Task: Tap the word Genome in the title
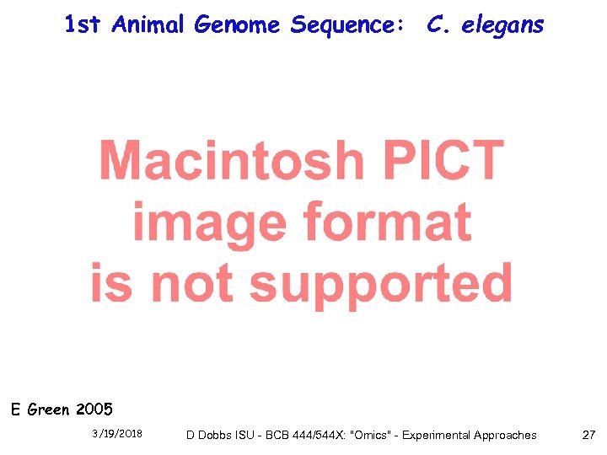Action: (239, 26)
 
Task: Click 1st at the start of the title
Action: (83, 25)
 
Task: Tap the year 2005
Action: (94, 410)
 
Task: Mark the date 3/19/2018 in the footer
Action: (117, 434)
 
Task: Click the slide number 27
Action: (588, 435)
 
